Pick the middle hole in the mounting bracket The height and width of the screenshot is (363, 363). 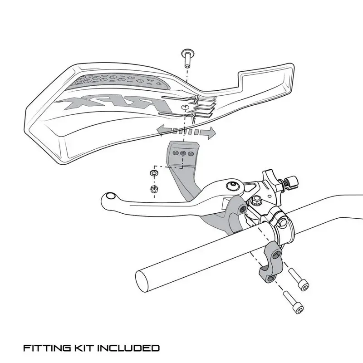(183, 153)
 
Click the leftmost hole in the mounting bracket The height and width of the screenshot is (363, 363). (175, 153)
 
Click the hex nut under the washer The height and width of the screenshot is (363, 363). (154, 188)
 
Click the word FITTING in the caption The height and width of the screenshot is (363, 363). (45, 348)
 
